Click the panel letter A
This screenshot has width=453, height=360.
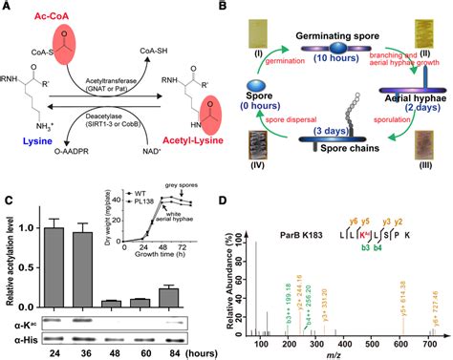pos(8,7)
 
